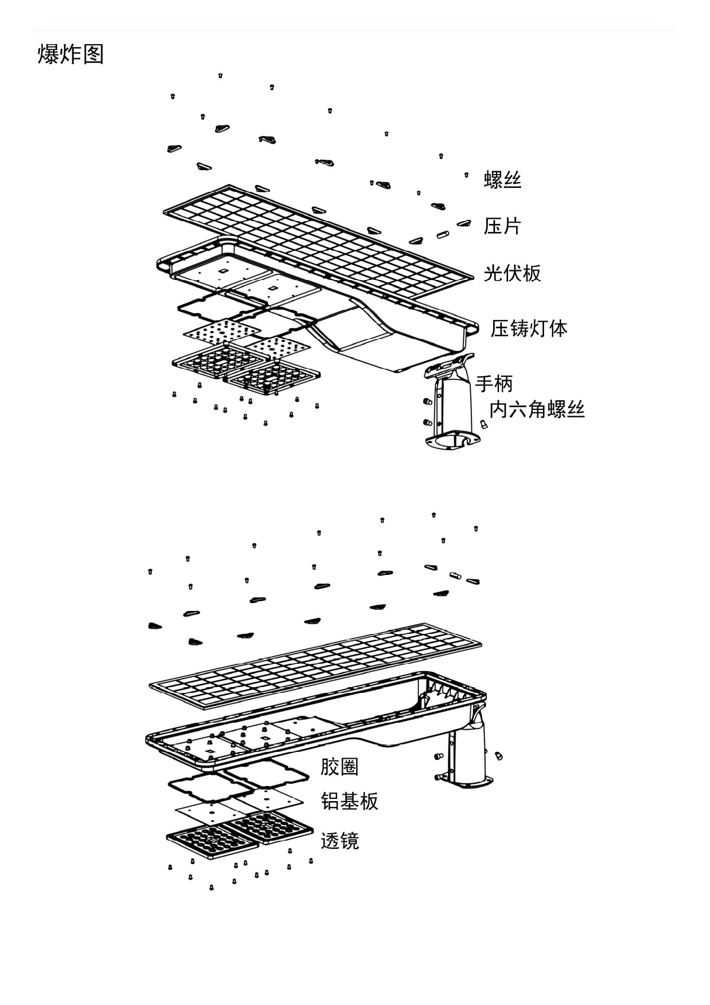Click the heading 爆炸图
(x=70, y=54)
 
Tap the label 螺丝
(x=502, y=180)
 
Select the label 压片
(x=502, y=226)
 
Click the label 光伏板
(x=512, y=273)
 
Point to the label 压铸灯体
(x=529, y=329)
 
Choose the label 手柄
(x=494, y=383)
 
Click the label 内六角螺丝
(x=537, y=409)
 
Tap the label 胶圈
(x=339, y=767)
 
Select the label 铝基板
(x=350, y=801)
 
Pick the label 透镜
(x=340, y=841)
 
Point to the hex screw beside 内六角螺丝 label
(x=483, y=425)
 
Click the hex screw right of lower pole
(x=498, y=756)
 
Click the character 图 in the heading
(x=93, y=54)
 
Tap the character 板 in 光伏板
(x=531, y=273)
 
